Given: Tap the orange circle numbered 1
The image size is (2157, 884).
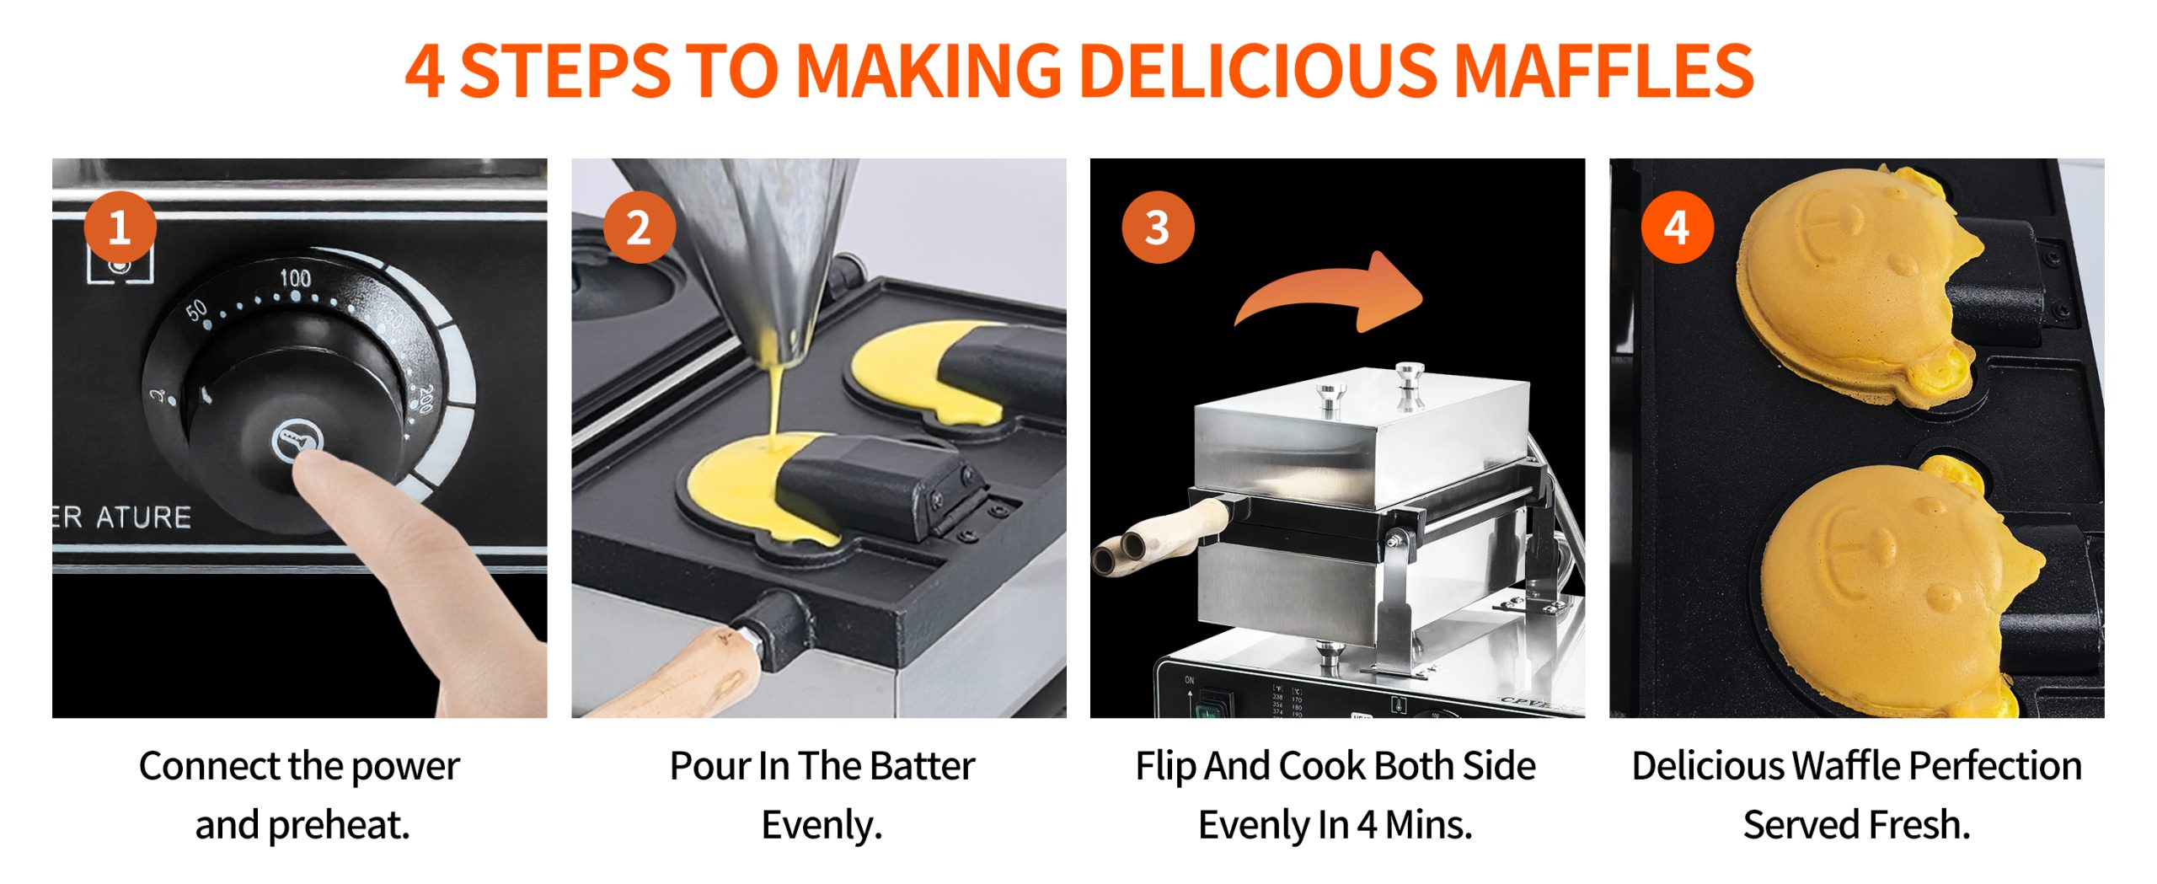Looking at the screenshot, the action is point(120,228).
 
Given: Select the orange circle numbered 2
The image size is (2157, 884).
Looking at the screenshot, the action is point(639,228).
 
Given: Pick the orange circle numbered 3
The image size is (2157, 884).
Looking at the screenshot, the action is point(1158,228).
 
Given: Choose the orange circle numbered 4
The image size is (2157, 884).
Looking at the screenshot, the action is point(1677,228).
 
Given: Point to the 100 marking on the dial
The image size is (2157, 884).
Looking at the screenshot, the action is point(295,278).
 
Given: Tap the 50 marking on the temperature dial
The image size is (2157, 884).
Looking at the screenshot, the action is point(196,311).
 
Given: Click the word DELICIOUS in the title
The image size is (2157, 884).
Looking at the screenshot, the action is point(1259,71).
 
